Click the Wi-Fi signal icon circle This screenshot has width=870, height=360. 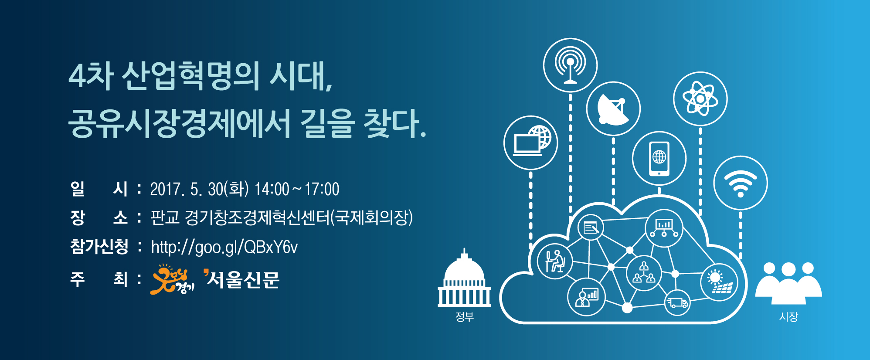[x=740, y=183]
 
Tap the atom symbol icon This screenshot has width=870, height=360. [x=700, y=99]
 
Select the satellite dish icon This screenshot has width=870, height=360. [x=613, y=109]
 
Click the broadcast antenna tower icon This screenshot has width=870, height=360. [x=570, y=65]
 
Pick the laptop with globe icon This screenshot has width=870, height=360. [x=530, y=143]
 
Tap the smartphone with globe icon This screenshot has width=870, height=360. [x=659, y=159]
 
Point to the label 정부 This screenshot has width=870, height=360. [x=464, y=317]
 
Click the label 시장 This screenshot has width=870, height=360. [x=788, y=317]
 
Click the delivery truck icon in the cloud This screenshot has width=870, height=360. [x=677, y=302]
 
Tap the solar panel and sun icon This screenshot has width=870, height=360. [x=719, y=282]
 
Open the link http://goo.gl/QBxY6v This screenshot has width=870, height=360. [x=224, y=247]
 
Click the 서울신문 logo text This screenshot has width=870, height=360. [x=241, y=279]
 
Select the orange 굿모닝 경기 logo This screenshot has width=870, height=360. [x=172, y=279]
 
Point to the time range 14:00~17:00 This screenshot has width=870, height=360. [x=297, y=189]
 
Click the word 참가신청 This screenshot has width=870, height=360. [x=99, y=247]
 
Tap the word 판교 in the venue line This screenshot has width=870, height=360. [x=165, y=217]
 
